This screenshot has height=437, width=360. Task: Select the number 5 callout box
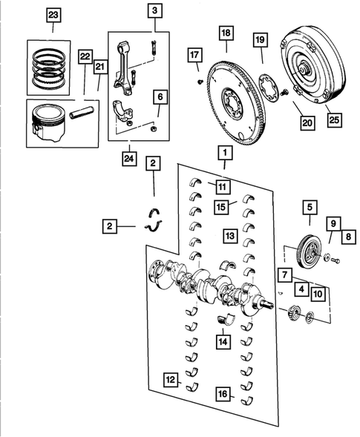(308, 208)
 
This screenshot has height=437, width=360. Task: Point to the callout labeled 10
(317, 295)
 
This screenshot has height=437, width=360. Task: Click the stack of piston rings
(52, 63)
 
